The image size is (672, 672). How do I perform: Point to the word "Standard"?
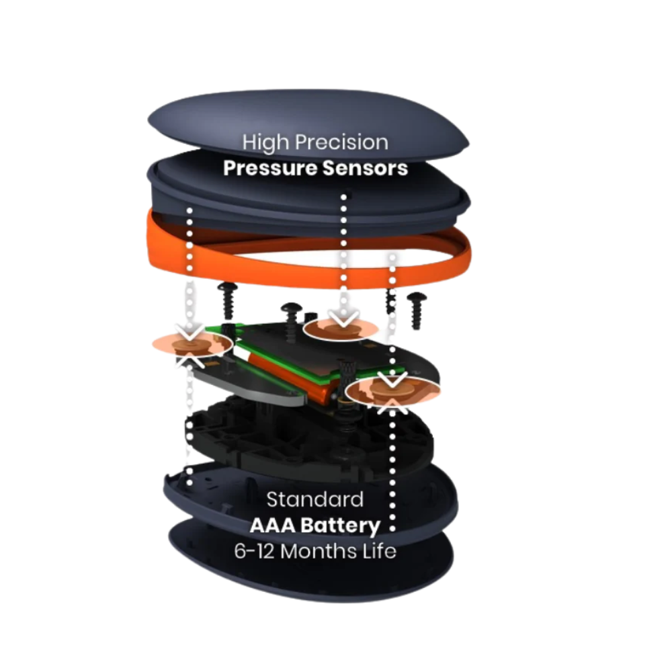point(315,499)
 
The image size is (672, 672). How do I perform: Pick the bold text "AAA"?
point(272,525)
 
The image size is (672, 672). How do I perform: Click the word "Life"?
point(379,551)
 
